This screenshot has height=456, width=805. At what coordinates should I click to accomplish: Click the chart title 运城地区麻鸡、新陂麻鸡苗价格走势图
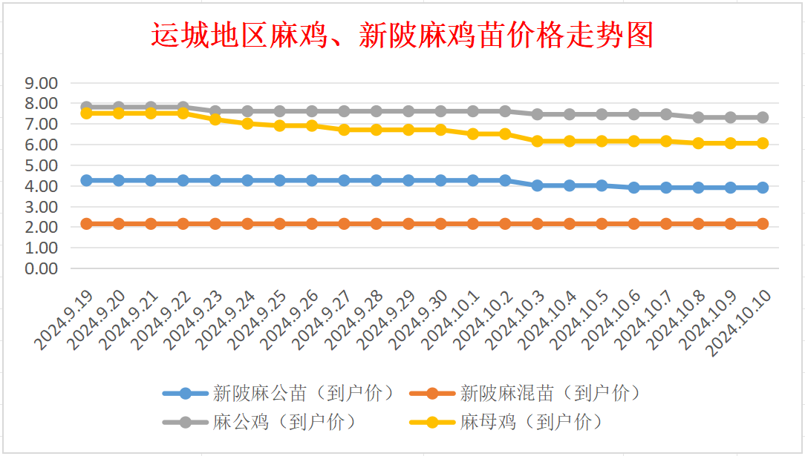pos(402,35)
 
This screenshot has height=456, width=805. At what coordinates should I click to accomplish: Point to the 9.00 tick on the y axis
pos(42,83)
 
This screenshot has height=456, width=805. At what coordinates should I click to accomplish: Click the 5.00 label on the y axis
pos(42,165)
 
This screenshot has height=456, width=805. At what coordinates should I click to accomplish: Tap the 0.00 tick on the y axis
pos(42,268)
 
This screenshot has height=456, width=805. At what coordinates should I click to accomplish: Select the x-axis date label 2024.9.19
pos(65,320)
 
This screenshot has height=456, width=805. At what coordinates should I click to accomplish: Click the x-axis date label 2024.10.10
pos(743,323)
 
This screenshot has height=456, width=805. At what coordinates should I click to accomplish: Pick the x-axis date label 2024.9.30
pos(420,320)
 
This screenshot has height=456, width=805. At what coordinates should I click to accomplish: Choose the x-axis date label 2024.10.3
pos(518,320)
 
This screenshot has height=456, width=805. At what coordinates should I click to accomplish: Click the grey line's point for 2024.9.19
pos(86,107)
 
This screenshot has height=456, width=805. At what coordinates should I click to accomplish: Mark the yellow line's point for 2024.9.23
pos(215,119)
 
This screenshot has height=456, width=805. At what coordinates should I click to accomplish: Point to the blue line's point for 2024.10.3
pos(538,185)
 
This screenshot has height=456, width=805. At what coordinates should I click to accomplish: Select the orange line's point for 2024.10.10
pos(763,223)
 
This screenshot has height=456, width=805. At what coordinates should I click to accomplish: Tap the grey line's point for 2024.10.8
pos(698,117)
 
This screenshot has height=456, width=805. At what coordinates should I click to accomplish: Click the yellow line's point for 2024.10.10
pos(763,143)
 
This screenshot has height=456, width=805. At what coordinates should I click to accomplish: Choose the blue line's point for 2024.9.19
pos(86,180)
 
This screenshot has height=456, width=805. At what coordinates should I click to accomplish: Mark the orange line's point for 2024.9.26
pos(312,223)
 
